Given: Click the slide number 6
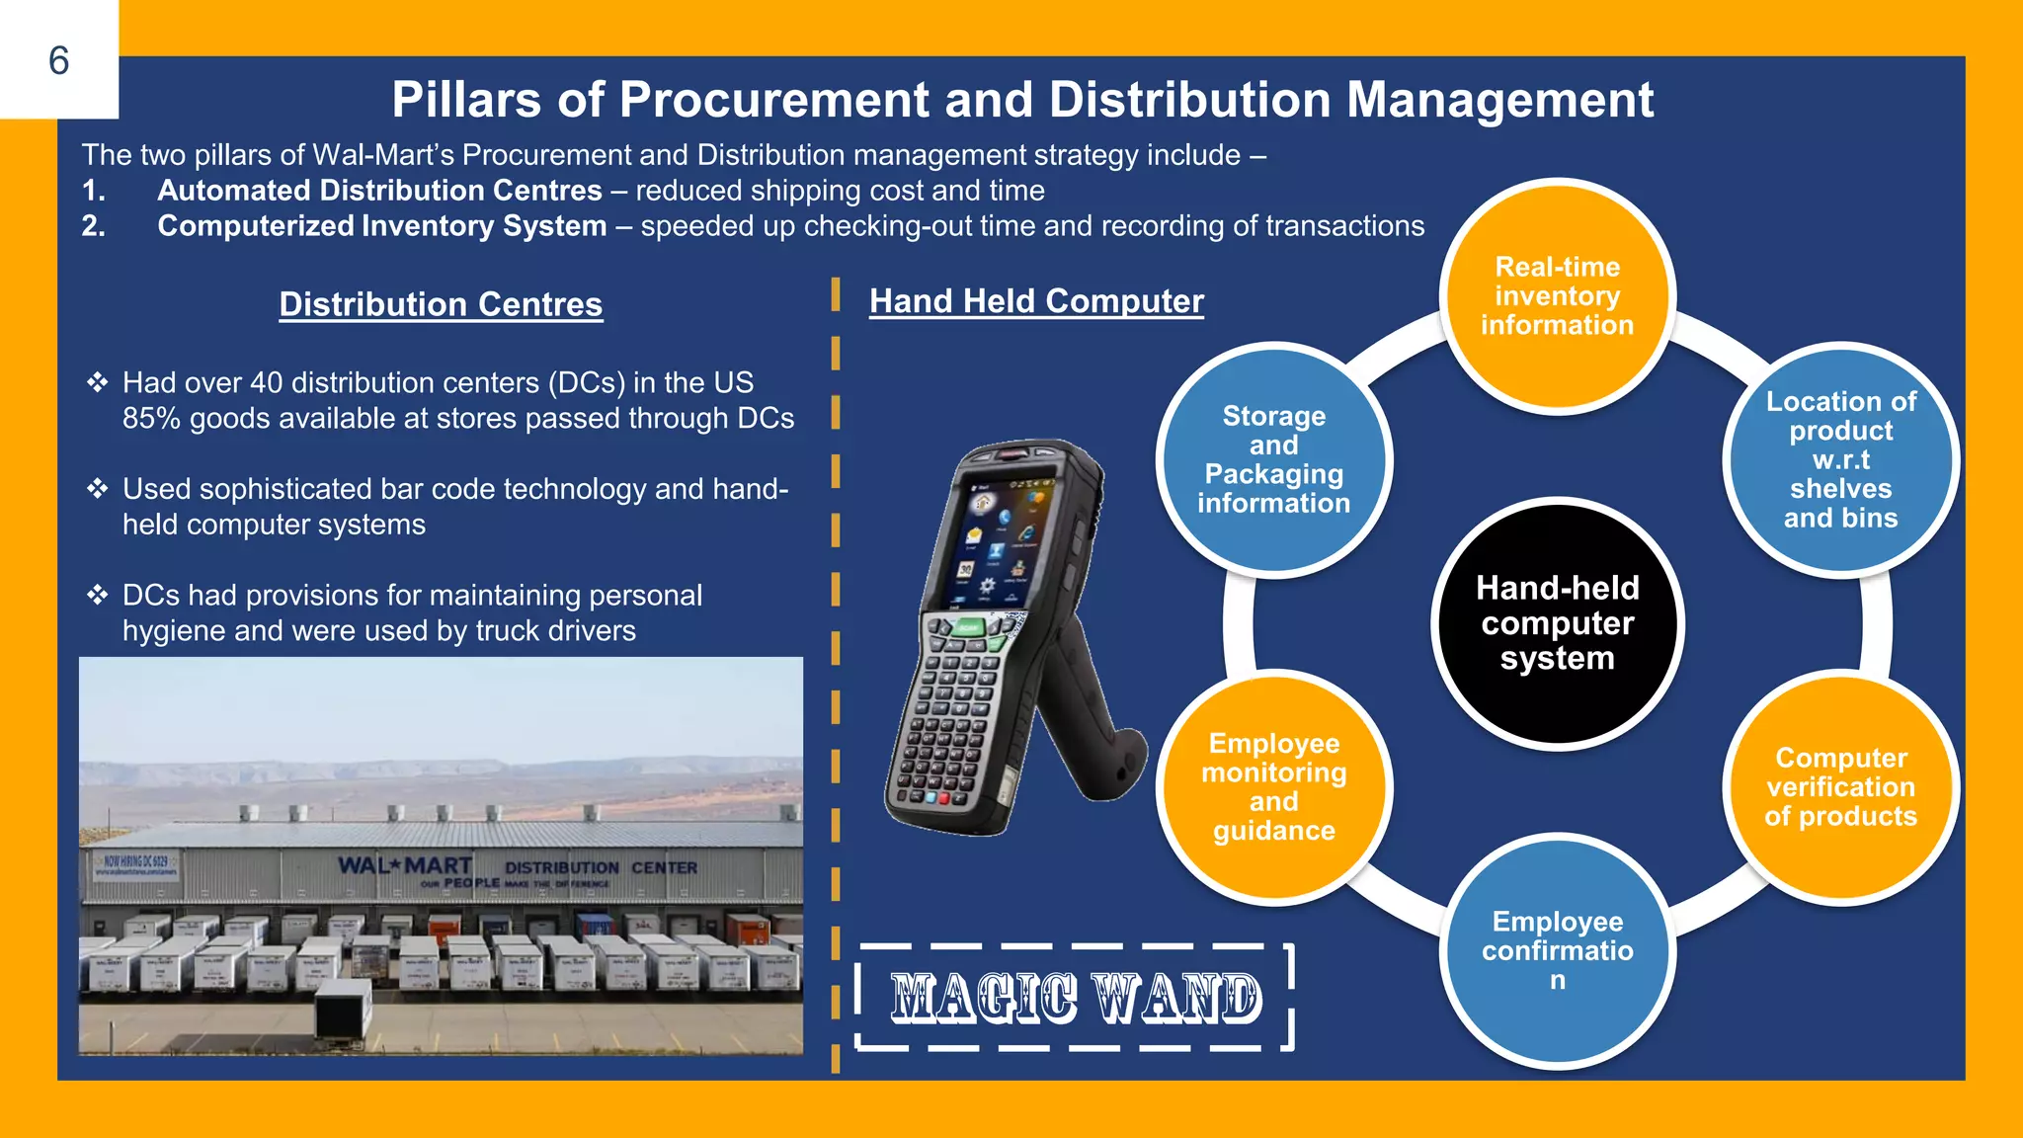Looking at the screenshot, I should [59, 61].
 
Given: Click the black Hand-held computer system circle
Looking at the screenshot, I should [1557, 623].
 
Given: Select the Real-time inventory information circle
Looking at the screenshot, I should [1557, 295].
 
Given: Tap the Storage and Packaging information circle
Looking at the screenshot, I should [1273, 459].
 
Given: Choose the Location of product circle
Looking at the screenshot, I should [1840, 459].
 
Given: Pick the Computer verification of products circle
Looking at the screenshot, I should [1840, 786].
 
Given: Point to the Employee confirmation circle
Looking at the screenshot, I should [1557, 950].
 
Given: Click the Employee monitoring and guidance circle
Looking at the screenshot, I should [1273, 786].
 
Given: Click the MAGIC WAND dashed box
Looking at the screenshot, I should [1076, 997].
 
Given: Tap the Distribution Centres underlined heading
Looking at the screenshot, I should [441, 304].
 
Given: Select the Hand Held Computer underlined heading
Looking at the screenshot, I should [1036, 301].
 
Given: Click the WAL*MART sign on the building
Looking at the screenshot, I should [404, 865].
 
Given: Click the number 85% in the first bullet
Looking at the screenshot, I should [151, 419].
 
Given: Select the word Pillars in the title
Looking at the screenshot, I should [466, 100].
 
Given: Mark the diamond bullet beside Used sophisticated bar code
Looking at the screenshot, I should [97, 489].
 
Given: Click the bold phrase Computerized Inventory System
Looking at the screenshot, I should [381, 226].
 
